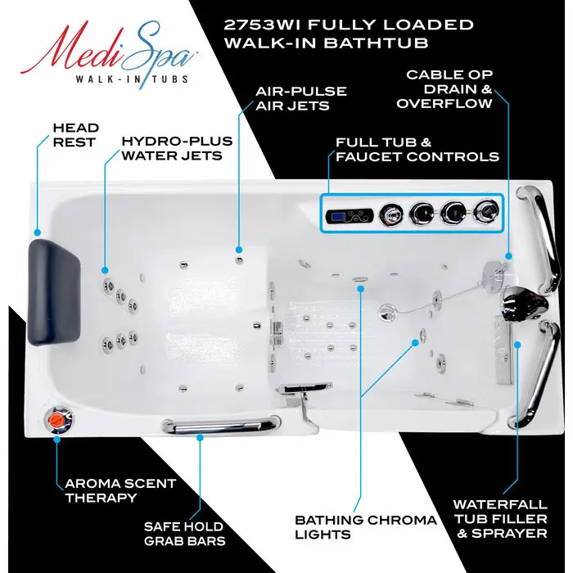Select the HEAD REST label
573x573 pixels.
(x=76, y=135)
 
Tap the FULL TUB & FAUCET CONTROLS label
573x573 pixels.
(x=417, y=149)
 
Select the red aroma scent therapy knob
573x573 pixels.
(x=56, y=419)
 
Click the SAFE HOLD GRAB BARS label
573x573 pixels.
(x=185, y=534)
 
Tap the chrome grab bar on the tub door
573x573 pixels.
(x=216, y=425)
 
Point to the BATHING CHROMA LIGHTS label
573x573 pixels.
(x=366, y=527)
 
